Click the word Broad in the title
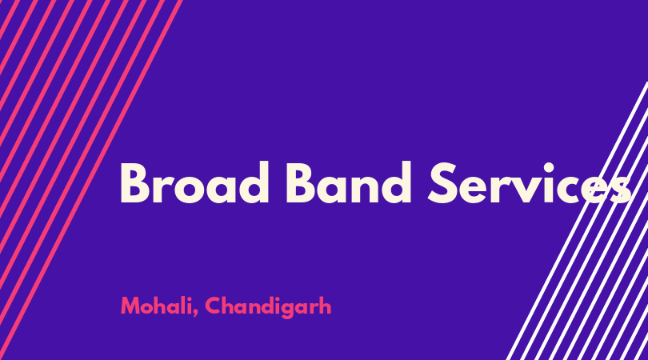pos(194,183)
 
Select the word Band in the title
pos(348,183)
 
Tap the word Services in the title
pos(530,183)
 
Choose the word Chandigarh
pos(268,306)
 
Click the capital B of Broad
pos(134,183)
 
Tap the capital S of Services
pos(442,183)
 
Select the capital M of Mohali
pos(130,306)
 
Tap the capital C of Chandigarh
pos(214,306)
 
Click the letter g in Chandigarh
pos(290,310)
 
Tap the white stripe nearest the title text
pos(577,221)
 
